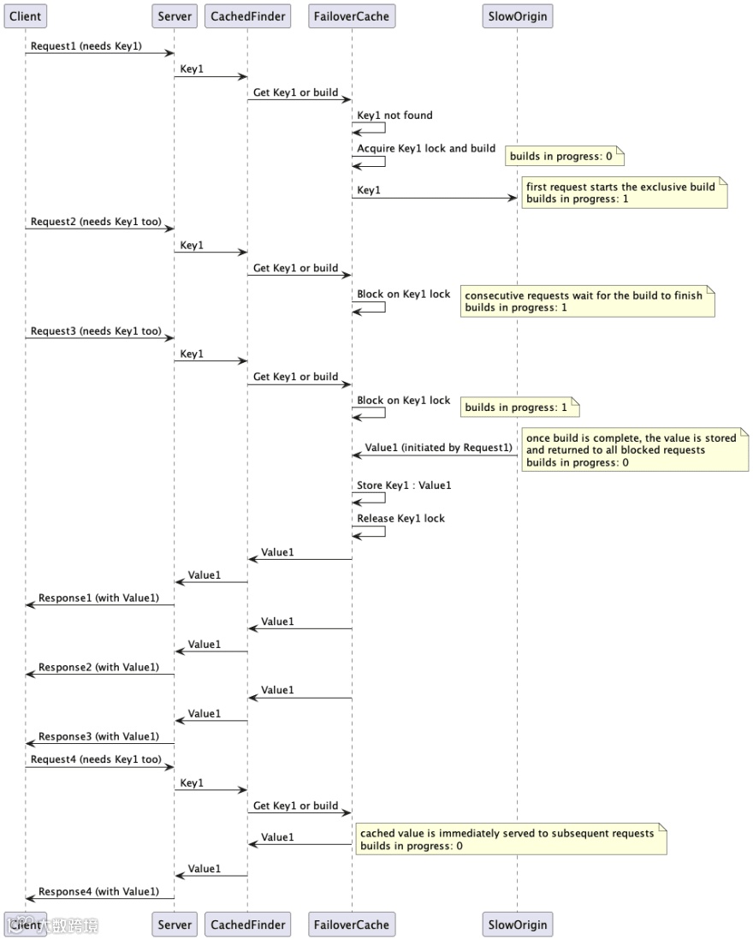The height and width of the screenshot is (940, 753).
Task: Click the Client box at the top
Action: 25,15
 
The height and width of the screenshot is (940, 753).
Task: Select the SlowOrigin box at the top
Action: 516,15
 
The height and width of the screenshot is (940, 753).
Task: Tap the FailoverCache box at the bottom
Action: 351,925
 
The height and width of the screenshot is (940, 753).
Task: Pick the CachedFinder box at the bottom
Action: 247,925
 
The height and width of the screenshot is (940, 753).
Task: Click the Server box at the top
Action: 175,15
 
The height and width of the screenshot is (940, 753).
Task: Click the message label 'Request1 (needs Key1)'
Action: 86,45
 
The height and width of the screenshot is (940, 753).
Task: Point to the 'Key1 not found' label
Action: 394,116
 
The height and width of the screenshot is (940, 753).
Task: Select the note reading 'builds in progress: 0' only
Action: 565,157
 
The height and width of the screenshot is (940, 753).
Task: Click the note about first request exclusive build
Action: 624,193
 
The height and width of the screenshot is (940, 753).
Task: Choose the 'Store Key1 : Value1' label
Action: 404,486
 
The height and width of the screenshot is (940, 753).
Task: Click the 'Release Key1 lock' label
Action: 400,518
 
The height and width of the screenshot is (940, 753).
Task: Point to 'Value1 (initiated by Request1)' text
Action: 438,448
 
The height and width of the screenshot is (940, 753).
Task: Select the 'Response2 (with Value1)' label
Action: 98,667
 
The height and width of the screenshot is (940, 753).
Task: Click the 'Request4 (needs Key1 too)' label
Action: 96,759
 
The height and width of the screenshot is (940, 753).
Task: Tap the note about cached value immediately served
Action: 510,840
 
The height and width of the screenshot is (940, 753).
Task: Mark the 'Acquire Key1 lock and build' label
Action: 426,148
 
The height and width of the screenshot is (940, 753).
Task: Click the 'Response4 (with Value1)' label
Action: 98,891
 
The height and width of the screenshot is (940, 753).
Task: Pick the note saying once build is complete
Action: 634,450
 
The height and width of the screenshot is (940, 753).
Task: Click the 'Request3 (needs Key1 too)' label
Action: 96,331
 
